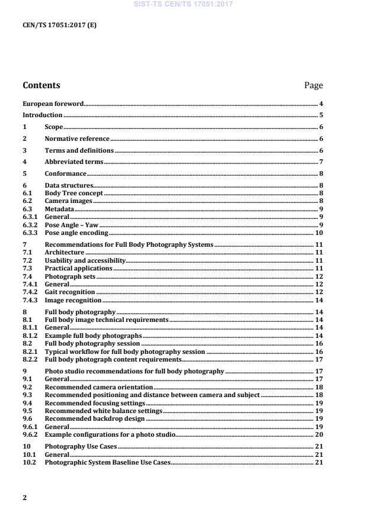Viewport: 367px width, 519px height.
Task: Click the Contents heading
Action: [41, 85]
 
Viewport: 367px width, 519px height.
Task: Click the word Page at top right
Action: [313, 85]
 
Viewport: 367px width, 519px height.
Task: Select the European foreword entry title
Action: [53, 104]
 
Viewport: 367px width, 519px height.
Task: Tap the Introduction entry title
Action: [42, 115]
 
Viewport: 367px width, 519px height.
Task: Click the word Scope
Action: [54, 127]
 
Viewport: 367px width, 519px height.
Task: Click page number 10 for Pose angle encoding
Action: [318, 233]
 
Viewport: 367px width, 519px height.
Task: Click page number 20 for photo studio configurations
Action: [318, 434]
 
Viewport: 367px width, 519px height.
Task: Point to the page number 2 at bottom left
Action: [24, 498]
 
